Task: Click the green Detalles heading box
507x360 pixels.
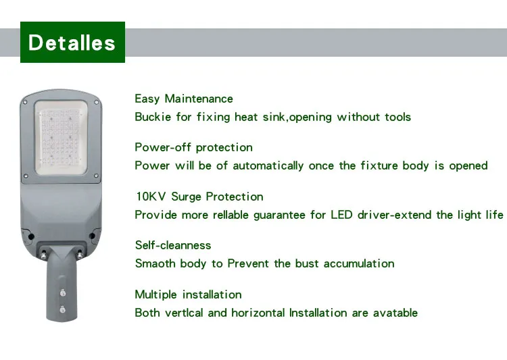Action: pos(72,43)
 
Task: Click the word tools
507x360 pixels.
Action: pos(397,117)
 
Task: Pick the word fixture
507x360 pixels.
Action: pos(379,165)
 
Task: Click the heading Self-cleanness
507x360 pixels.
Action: pos(173,245)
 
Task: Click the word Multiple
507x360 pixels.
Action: pos(157,294)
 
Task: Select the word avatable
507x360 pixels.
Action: pos(395,313)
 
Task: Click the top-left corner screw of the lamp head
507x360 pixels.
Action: pos(25,101)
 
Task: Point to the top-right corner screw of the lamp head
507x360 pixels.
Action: pos(97,101)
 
